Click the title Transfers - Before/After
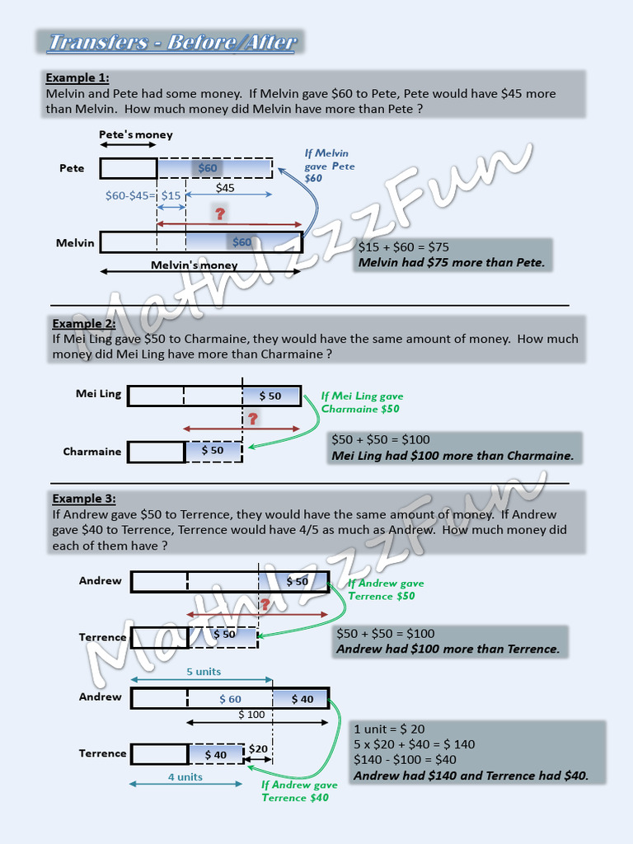tap(171, 42)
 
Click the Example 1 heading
tap(77, 77)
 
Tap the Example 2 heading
tap(84, 323)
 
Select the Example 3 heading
tap(84, 498)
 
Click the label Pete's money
tap(136, 134)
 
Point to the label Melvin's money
tap(194, 265)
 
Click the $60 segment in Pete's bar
tap(209, 168)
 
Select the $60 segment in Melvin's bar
tap(242, 241)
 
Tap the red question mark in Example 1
tap(219, 214)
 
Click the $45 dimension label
tap(225, 187)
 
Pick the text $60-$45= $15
tap(143, 195)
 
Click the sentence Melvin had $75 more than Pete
tap(451, 263)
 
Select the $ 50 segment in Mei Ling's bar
tap(270, 396)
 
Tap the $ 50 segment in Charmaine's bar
tap(213, 450)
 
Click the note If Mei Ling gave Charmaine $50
tap(362, 402)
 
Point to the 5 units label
tap(204, 671)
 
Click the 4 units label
tap(185, 776)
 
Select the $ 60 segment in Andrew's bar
tap(230, 699)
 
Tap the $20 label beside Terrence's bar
tap(258, 748)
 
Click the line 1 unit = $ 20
tap(389, 729)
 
